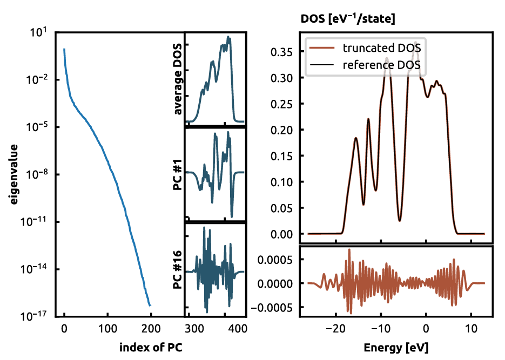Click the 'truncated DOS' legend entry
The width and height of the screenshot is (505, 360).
pyautogui.click(x=381, y=47)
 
